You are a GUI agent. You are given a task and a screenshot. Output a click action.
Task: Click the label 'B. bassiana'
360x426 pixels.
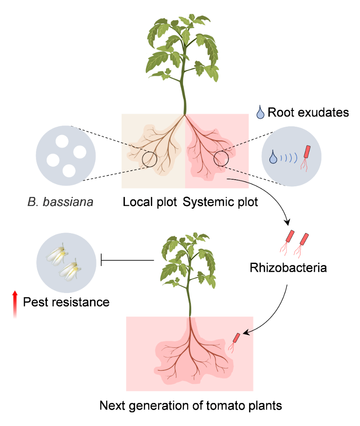coord(60,203)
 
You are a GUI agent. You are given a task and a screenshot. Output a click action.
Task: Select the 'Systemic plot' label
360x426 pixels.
coord(220,202)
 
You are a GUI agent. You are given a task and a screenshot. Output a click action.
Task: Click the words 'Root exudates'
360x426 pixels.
coord(308,113)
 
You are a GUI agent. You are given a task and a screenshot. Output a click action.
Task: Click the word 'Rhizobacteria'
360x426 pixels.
coord(288,268)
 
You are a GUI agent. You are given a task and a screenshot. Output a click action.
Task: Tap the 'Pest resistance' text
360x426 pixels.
coord(66,302)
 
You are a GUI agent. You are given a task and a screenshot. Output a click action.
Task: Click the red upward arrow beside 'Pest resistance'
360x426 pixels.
coord(15,303)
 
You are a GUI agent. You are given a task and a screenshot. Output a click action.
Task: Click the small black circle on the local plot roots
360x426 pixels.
coord(149,159)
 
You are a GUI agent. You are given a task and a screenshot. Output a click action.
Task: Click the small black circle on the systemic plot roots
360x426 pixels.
coord(221,159)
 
